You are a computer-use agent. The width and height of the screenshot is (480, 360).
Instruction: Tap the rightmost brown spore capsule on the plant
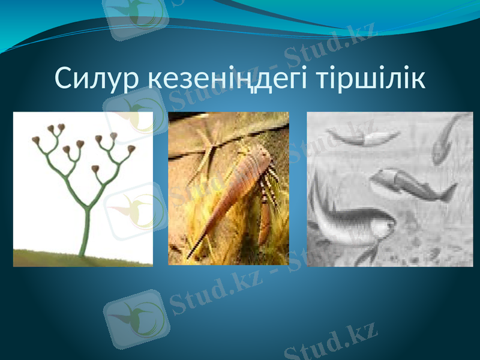pos(131,148)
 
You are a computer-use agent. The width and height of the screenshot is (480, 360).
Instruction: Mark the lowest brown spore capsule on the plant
pos(95,169)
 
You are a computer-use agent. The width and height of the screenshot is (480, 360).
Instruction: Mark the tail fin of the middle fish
pos(447,193)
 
